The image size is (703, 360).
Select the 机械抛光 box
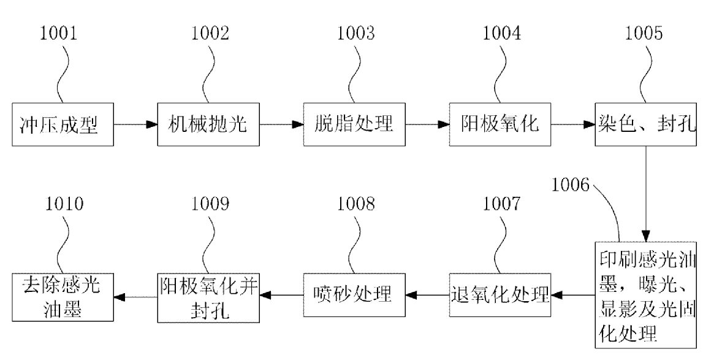point(207,124)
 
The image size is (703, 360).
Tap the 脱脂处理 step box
point(354,124)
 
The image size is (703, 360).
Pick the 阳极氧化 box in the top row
point(500,124)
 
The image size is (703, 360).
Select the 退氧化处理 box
point(500,296)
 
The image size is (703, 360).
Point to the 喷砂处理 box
point(354,296)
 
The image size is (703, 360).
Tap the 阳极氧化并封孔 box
point(207,296)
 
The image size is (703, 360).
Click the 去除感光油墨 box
point(61,296)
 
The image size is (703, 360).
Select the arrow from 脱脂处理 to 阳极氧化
point(427,124)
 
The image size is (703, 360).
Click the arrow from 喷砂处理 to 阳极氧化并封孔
point(281,297)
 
